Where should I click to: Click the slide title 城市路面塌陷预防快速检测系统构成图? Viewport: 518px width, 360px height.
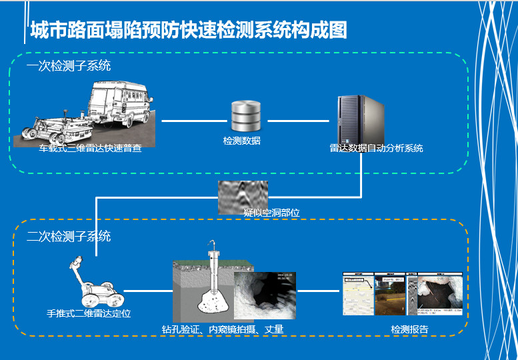pos(188,31)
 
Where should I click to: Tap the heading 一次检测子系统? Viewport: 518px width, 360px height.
pos(69,67)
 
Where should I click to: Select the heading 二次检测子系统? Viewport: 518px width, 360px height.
pos(69,237)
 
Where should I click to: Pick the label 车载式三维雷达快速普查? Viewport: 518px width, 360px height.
pos(89,148)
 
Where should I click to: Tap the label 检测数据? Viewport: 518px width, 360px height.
pos(241,141)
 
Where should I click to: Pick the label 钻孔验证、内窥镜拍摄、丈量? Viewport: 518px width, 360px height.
pos(223,329)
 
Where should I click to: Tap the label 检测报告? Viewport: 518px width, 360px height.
pos(409,329)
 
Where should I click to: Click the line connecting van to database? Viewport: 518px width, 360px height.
pos(190,121)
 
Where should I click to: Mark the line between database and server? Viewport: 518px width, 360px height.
pos(298,121)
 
